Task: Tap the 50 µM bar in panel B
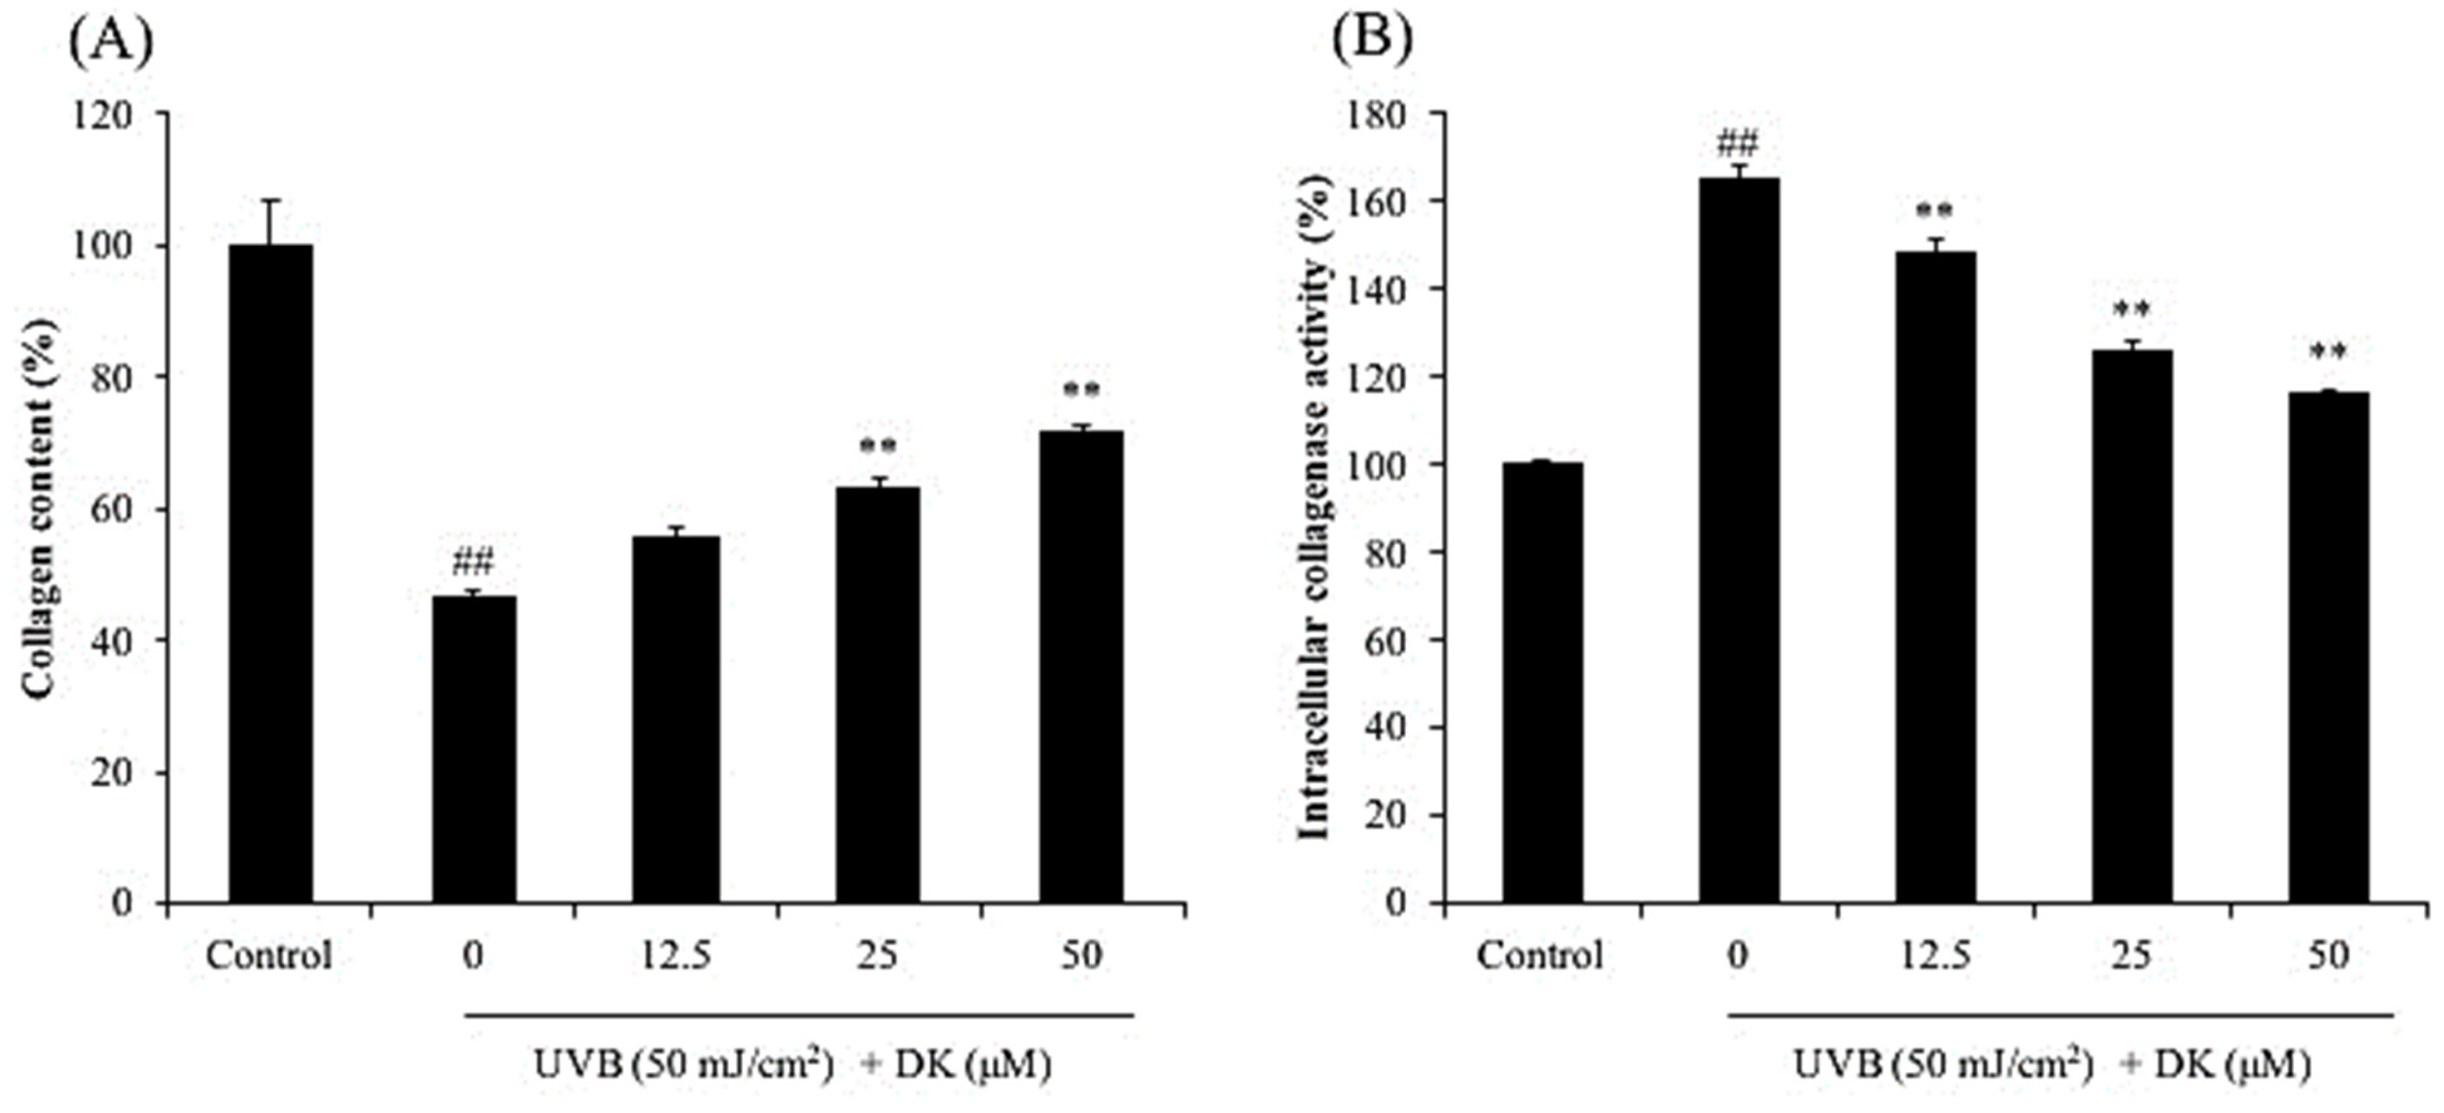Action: tap(2327, 646)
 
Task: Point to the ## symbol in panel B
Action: tap(1737, 146)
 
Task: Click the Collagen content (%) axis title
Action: tap(40, 509)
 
